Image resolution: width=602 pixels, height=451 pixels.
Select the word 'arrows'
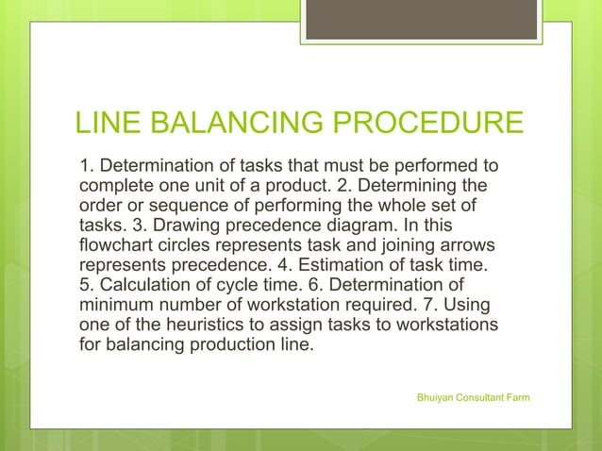click(462, 247)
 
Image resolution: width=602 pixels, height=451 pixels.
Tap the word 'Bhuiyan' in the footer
click(435, 398)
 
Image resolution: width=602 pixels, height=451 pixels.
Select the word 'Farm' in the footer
click(517, 398)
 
